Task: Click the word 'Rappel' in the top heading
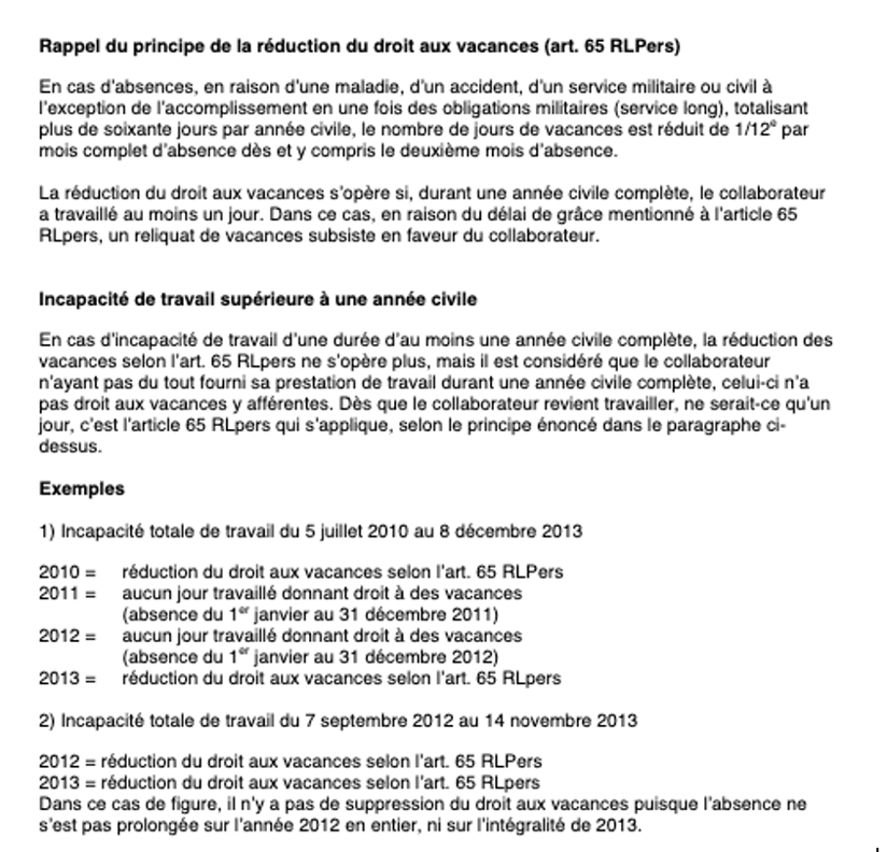point(65,46)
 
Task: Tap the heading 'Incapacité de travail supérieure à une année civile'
point(258,300)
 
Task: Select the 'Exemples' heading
point(82,489)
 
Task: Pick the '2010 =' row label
point(67,573)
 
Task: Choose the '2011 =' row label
point(67,593)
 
